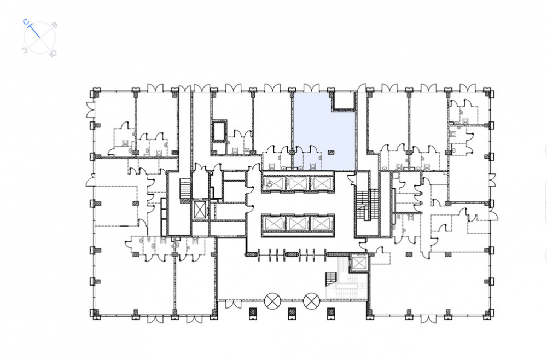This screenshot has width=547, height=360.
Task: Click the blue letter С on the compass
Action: pyautogui.click(x=26, y=22)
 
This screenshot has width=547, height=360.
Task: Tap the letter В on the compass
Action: pyautogui.click(x=54, y=25)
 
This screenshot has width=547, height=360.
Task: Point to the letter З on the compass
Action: pyautogui.click(x=25, y=50)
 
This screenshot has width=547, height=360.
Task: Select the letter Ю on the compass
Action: pyautogui.click(x=54, y=54)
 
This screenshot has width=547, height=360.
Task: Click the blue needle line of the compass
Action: pyautogui.click(x=34, y=31)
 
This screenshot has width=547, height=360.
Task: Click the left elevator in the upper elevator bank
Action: pyautogui.click(x=275, y=183)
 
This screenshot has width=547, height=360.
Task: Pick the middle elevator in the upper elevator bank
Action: pyautogui.click(x=298, y=183)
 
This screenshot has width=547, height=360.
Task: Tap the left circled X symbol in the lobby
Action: pyautogui.click(x=272, y=301)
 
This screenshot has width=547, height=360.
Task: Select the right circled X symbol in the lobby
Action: pyautogui.click(x=311, y=301)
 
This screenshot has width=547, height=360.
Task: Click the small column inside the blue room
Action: pyautogui.click(x=331, y=152)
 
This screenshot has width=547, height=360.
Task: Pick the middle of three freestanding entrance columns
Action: pyautogui.click(x=292, y=313)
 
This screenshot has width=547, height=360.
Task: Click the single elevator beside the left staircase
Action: pyautogui.click(x=200, y=210)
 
